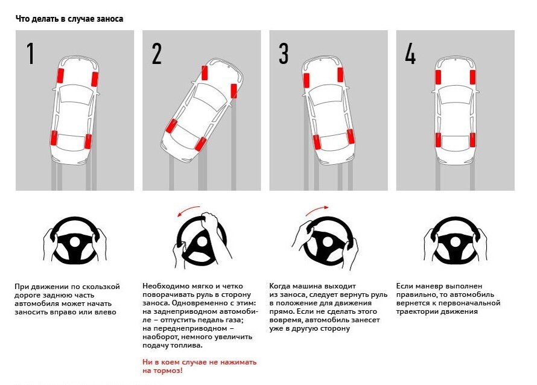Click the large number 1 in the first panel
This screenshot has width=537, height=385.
(x=30, y=54)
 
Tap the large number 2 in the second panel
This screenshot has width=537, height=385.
(x=157, y=54)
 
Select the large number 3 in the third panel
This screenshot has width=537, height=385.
(x=283, y=54)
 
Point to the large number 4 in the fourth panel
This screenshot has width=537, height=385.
(x=410, y=54)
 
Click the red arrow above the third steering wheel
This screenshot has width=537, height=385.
(x=316, y=211)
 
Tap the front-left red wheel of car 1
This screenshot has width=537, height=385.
(x=60, y=76)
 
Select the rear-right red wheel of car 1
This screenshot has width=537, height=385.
(x=88, y=141)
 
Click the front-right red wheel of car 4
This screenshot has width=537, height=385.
(x=472, y=76)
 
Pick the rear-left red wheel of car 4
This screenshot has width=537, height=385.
(x=437, y=140)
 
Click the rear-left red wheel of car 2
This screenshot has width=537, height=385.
(x=171, y=126)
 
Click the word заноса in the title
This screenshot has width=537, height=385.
(x=110, y=19)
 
